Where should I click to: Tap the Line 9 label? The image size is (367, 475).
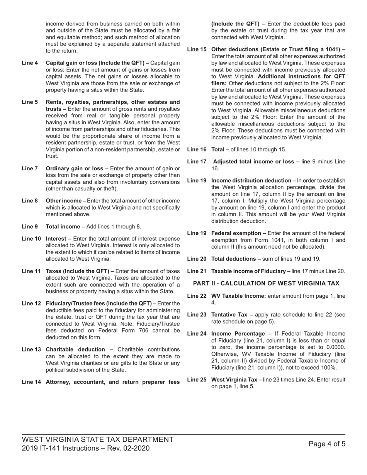pyautogui.click(x=30, y=227)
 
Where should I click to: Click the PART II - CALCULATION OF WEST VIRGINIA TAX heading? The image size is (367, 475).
pyautogui.click(x=266, y=283)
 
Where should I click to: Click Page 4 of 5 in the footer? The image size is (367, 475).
pyautogui.click(x=327, y=444)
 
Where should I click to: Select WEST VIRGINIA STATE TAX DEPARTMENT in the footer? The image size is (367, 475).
pyautogui.click(x=98, y=439)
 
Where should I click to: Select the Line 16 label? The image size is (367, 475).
pyautogui.click(x=197, y=149)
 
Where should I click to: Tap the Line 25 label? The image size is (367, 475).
pyautogui.click(x=197, y=380)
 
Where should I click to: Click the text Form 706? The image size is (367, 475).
pyautogui.click(x=122, y=331)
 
